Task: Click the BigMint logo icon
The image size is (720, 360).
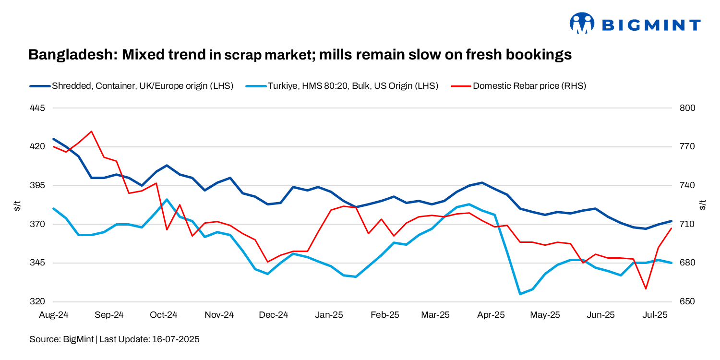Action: click(x=582, y=24)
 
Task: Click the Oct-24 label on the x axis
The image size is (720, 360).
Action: click(x=164, y=315)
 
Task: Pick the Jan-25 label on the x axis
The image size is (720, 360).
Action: click(x=329, y=315)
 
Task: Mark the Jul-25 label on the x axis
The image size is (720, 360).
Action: click(x=655, y=315)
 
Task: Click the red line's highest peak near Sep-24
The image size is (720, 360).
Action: click(x=91, y=131)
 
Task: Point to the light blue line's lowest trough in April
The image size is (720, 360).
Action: click(x=520, y=294)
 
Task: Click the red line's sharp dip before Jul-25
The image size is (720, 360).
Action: click(x=646, y=288)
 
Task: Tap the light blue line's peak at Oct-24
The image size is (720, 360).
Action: click(x=167, y=199)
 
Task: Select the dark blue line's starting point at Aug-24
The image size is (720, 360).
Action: click(x=54, y=139)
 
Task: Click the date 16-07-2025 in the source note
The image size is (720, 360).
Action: click(x=176, y=339)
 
